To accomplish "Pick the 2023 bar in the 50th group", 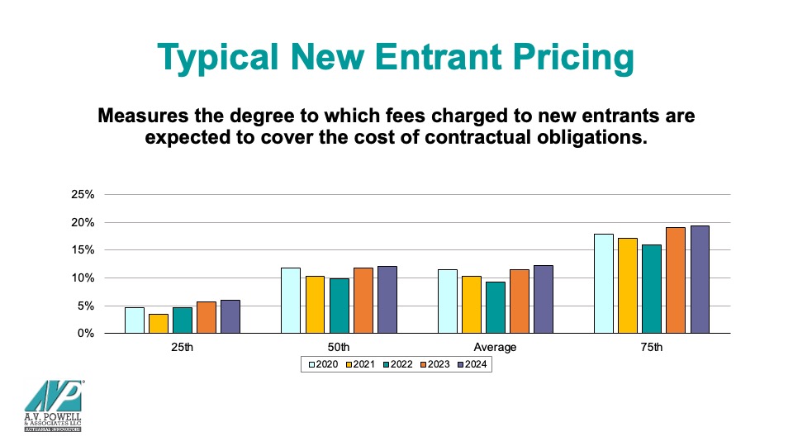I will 363,301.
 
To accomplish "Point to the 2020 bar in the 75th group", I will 603,283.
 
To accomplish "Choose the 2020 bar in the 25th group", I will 135,320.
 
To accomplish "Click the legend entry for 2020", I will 324,364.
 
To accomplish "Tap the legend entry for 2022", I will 397,364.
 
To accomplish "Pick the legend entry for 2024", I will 471,364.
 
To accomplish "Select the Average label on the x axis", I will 496,348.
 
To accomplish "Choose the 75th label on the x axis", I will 652,348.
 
